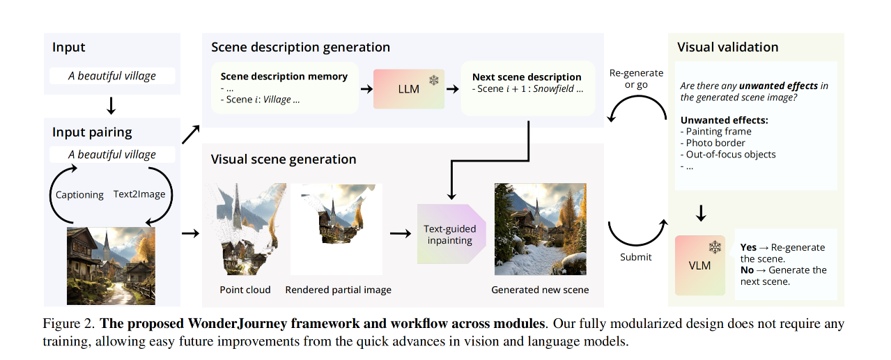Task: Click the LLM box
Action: (408, 88)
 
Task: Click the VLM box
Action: (699, 265)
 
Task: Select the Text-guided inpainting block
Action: (451, 234)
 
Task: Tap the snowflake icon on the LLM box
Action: (433, 80)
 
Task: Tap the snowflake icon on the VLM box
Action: (715, 247)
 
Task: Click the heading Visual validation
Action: (727, 47)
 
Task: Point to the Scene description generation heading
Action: (300, 47)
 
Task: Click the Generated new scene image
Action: (540, 228)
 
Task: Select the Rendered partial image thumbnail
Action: (336, 228)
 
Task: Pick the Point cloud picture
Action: (245, 228)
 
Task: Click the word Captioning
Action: (79, 194)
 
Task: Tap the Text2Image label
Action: (139, 194)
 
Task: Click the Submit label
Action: (635, 257)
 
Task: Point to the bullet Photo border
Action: (713, 143)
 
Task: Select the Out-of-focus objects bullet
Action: (728, 155)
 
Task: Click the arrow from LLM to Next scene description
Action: (453, 88)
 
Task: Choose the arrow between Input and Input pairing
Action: (111, 106)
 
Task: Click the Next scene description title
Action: (527, 77)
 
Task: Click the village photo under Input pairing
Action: (111, 266)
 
